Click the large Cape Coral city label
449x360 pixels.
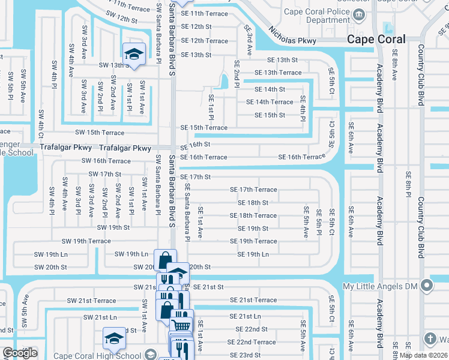point(376,39)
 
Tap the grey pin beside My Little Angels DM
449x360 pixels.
point(427,284)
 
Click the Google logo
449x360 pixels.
point(19,353)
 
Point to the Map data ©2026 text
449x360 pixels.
point(423,355)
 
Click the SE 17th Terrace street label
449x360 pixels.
point(253,190)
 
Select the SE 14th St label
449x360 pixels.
point(270,89)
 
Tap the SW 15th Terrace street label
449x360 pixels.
point(100,133)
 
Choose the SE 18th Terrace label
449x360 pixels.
point(253,215)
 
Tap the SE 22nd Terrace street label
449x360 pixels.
point(253,342)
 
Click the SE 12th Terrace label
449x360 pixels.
point(205,41)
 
